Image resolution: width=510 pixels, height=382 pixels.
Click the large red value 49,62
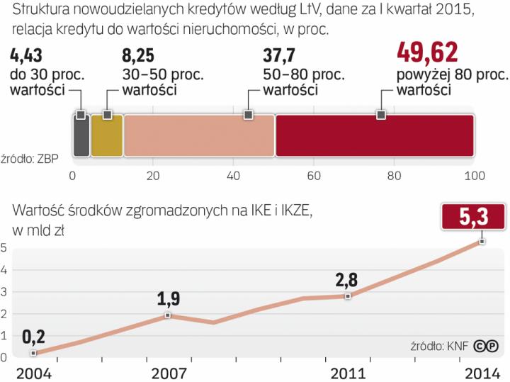point(427,52)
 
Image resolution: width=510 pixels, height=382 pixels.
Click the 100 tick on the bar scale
point(474,176)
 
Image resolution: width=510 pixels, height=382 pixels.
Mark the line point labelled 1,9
point(168,315)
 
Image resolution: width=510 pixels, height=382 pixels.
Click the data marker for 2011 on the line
point(348,296)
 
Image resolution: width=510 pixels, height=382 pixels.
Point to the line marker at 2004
point(33,353)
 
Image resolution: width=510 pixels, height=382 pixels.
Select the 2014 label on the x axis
point(482,373)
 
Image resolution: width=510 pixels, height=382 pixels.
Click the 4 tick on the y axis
point(4,270)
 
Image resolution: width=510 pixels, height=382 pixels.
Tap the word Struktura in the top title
point(40,11)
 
